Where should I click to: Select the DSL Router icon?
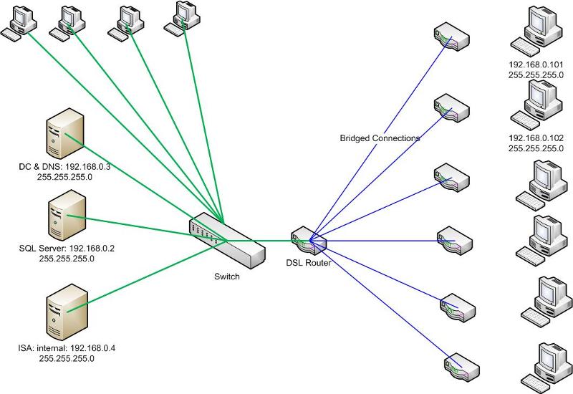coord(309,241)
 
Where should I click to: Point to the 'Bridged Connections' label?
coord(380,138)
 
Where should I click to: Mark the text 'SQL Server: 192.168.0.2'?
coord(67,249)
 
